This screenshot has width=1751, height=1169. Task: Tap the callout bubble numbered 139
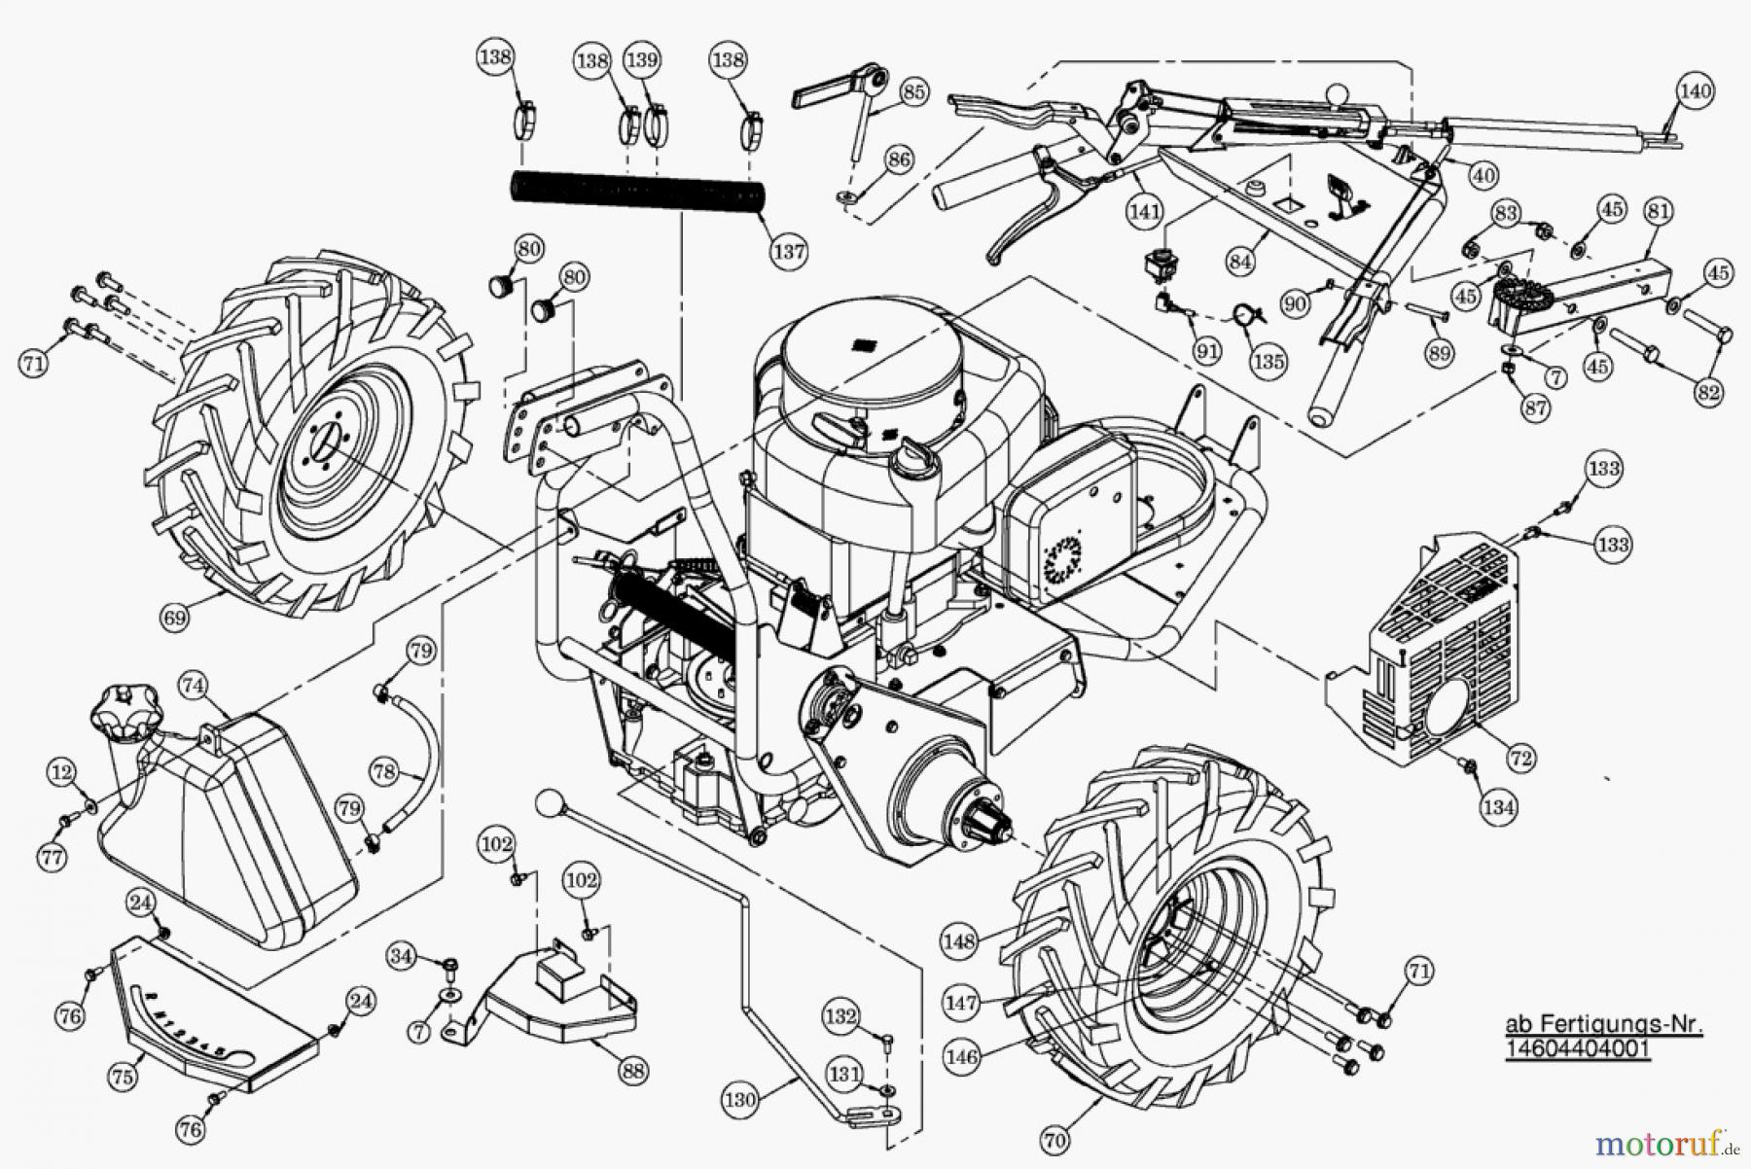(x=641, y=60)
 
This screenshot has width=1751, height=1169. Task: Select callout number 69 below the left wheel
(x=176, y=616)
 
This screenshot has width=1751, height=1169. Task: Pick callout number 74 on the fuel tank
(x=194, y=685)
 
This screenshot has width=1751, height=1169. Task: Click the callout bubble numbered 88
(x=632, y=1071)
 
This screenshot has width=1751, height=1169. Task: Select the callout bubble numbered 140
(x=1695, y=90)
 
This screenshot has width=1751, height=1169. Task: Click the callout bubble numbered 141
(x=1145, y=209)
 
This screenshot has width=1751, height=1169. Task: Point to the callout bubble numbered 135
(x=1269, y=362)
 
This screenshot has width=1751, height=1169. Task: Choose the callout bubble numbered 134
(x=1499, y=806)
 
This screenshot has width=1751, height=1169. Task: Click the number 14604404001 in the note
(x=1579, y=1051)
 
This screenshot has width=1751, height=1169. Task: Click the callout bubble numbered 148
(x=959, y=940)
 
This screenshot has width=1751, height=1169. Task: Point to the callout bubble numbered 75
(x=121, y=1077)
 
